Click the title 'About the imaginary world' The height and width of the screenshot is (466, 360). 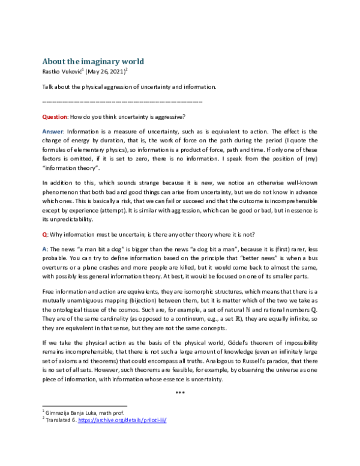[x=93, y=61]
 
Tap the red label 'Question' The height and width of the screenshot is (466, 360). [x=55, y=116]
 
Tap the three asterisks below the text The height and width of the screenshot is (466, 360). [x=180, y=393]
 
